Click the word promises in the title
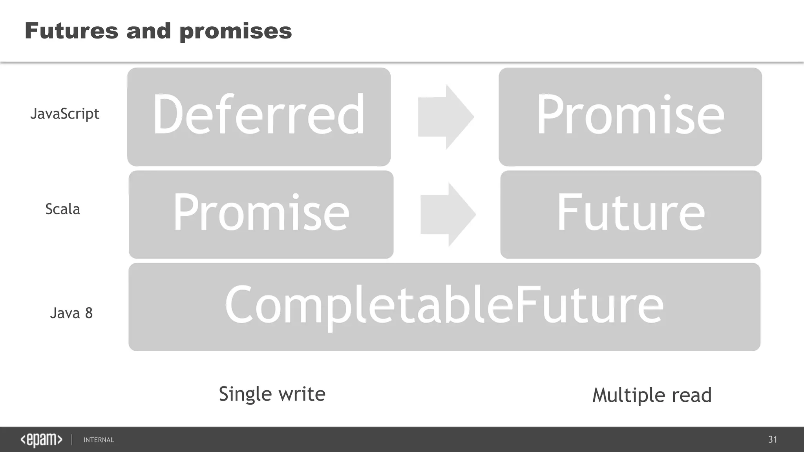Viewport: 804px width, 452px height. coord(236,31)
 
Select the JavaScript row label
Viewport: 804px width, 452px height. coord(65,114)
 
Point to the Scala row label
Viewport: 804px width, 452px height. coord(63,209)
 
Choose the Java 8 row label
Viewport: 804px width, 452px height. coord(71,313)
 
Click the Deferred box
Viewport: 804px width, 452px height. coord(259,117)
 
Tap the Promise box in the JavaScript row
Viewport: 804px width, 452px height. coord(630,117)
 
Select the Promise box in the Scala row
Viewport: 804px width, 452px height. coord(261,214)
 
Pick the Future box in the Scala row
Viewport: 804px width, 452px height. coord(630,214)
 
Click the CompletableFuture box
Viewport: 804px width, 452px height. coord(444,307)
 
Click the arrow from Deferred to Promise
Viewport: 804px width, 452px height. coord(446,117)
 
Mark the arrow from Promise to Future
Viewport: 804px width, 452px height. coord(448,215)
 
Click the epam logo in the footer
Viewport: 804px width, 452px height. coord(41,440)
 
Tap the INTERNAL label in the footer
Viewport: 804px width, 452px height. coord(99,440)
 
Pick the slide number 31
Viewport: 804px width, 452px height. coord(773,439)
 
